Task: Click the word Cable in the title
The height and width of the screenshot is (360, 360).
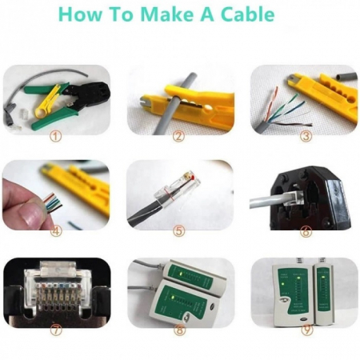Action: click(248, 14)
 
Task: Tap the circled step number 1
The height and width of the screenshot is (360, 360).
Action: click(56, 137)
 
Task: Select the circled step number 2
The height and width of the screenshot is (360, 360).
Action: click(178, 136)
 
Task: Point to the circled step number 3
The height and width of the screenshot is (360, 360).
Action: click(306, 136)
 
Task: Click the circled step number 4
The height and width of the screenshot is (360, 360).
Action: click(56, 231)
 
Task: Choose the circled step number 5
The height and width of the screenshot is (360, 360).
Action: click(178, 231)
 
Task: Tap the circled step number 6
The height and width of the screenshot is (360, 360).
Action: click(306, 231)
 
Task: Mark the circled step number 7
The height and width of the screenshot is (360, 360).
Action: click(56, 330)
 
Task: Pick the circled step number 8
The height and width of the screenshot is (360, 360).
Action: click(179, 330)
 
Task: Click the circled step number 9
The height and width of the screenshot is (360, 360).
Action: click(306, 330)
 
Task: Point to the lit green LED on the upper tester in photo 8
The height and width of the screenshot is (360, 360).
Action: click(181, 274)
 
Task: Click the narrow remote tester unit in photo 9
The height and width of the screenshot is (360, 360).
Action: click(323, 294)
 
